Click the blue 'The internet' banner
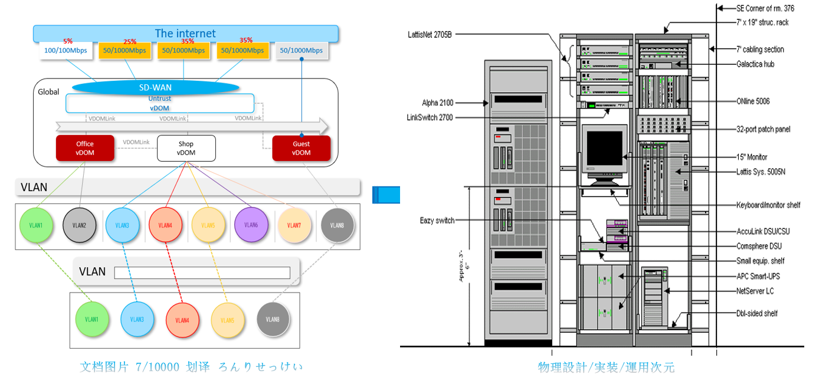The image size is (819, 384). (185, 33)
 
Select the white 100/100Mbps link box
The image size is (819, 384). (65, 51)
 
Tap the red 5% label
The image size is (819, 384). (68, 41)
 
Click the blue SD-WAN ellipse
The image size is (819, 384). (155, 87)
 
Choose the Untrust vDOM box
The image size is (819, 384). (160, 103)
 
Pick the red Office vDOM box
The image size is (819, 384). (85, 148)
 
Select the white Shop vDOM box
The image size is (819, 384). (186, 148)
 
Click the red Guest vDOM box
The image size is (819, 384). (301, 148)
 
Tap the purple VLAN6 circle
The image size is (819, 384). (251, 225)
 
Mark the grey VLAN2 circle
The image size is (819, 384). (80, 225)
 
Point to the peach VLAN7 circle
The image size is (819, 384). (294, 225)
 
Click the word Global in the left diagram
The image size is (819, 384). (49, 92)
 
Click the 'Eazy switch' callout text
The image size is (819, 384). (437, 221)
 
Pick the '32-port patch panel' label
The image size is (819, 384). (763, 129)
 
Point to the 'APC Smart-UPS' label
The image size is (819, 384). (759, 276)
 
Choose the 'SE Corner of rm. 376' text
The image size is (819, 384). (765, 8)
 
